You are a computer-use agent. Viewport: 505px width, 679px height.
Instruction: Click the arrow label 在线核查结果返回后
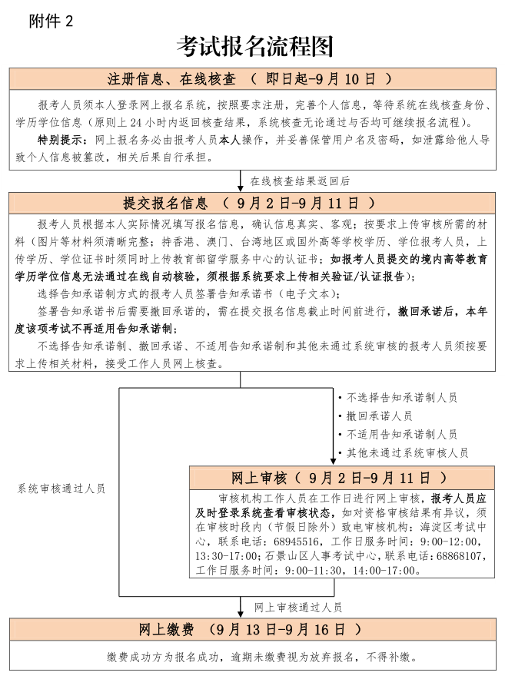[x=299, y=181]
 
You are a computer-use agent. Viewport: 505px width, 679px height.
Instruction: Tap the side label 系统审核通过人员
[x=61, y=488]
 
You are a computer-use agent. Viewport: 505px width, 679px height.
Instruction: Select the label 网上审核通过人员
[x=298, y=606]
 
